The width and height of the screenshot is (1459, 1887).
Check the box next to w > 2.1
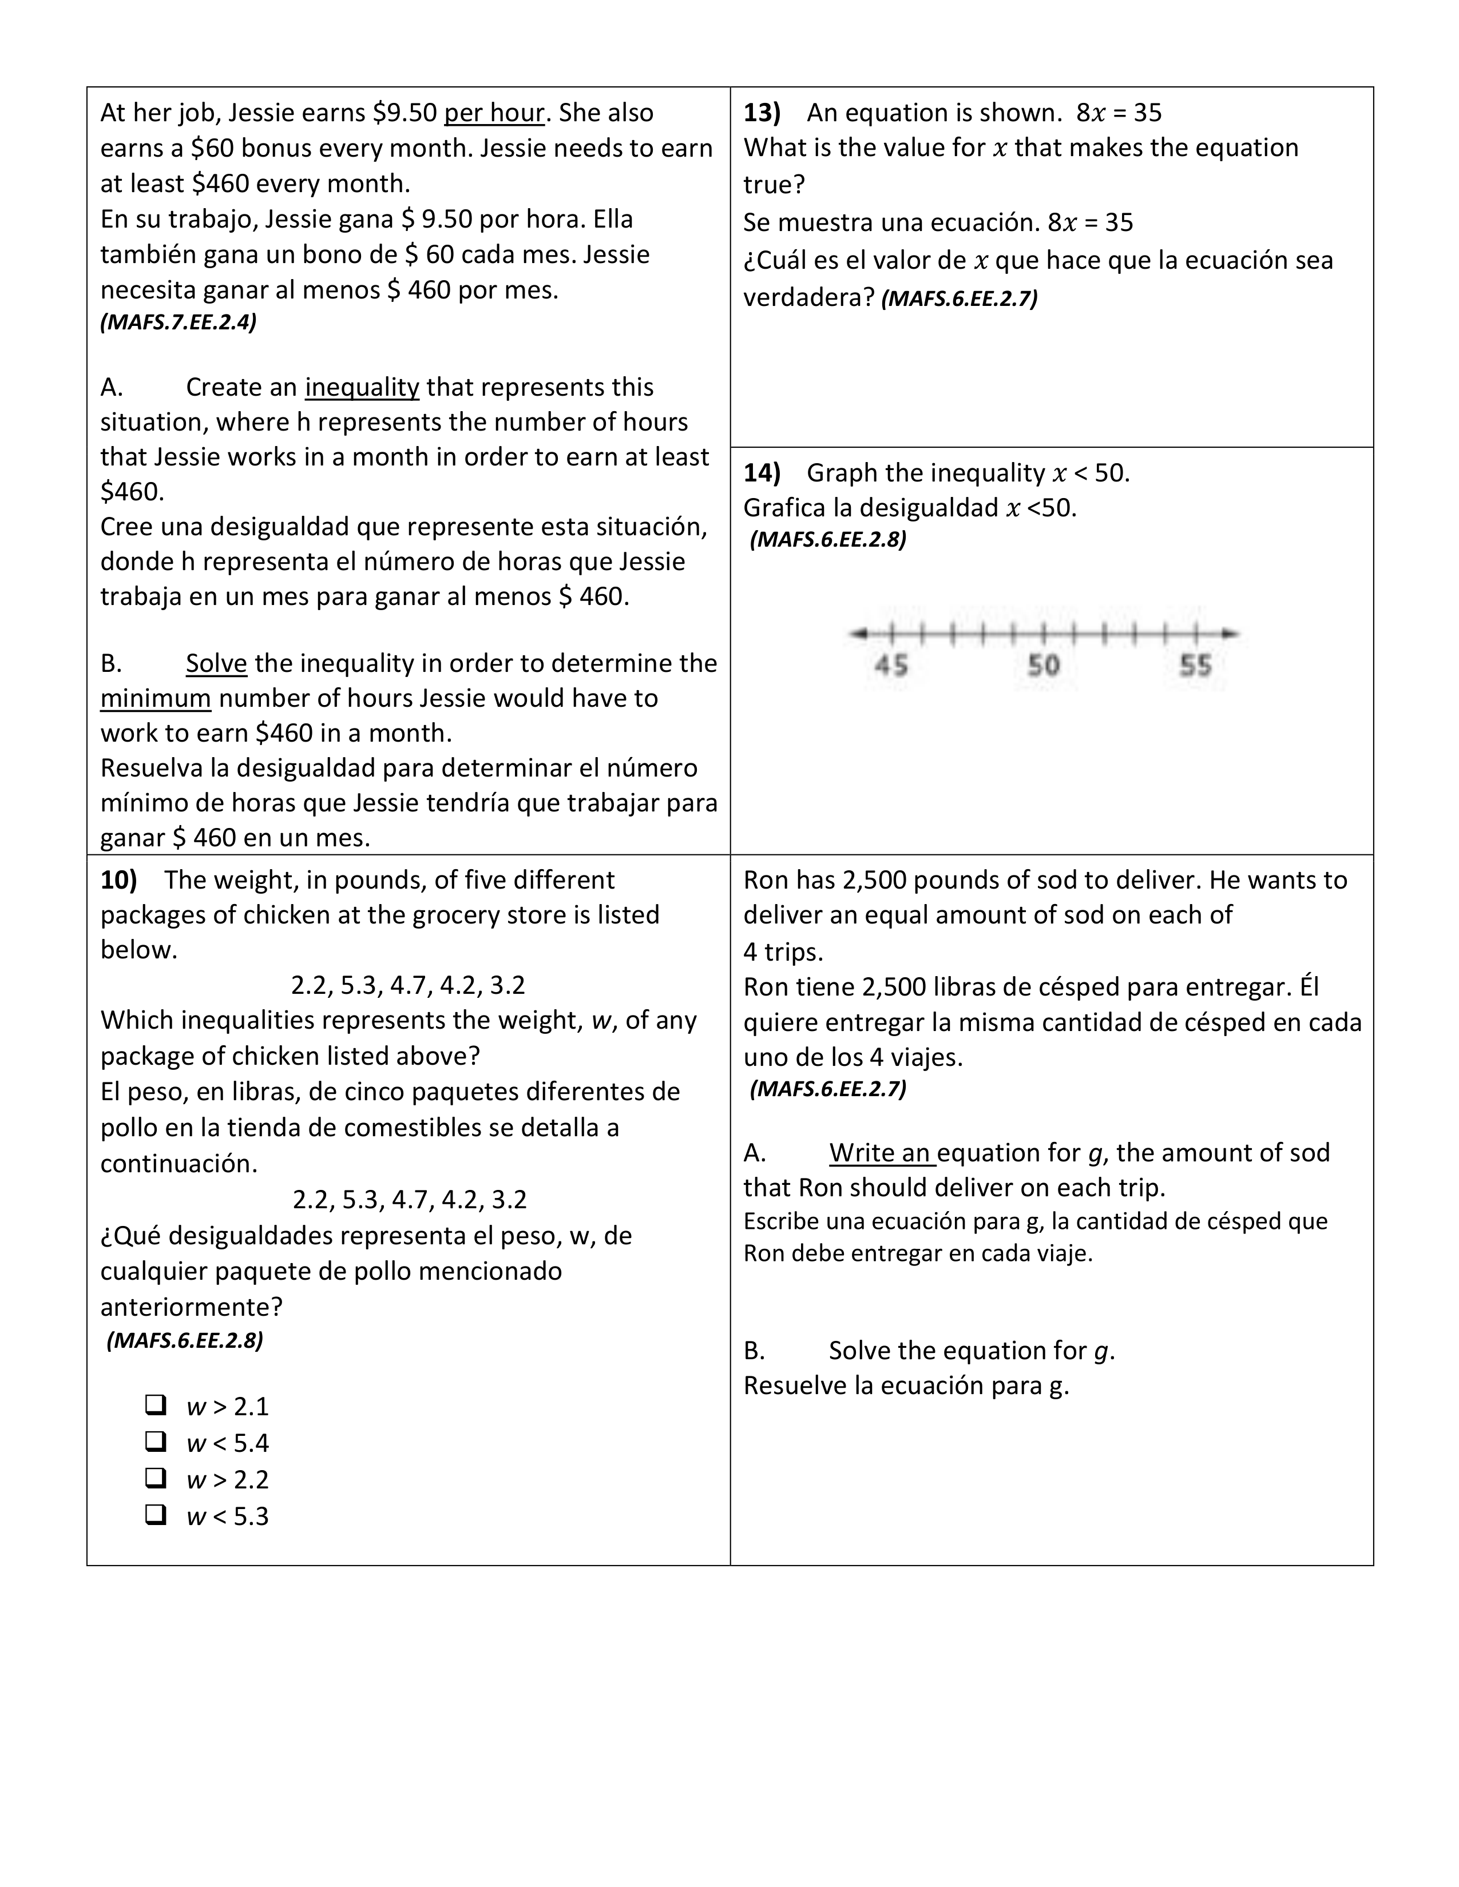(156, 1405)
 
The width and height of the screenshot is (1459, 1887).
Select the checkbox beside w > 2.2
(156, 1478)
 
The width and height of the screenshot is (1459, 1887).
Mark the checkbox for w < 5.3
(156, 1515)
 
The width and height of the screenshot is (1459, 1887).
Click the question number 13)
(762, 112)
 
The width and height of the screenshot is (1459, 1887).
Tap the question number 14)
(762, 473)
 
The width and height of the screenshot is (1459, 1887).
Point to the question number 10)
(119, 879)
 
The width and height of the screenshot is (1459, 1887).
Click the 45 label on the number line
(891, 665)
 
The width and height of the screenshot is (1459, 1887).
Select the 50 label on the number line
(1043, 665)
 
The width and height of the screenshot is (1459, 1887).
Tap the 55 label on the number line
(1195, 665)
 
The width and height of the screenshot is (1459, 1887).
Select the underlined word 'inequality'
(362, 387)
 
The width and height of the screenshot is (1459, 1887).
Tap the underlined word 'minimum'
(156, 698)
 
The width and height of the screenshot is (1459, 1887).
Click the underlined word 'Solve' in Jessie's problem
(216, 663)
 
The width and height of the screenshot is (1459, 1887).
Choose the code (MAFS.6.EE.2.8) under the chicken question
(185, 1340)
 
